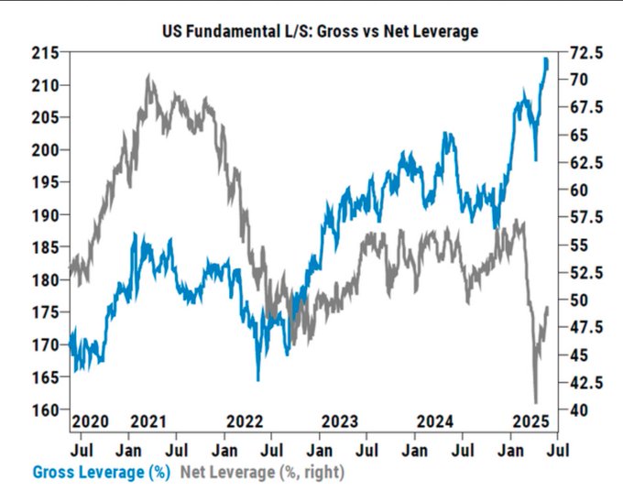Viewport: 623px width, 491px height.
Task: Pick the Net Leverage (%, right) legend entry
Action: click(x=262, y=473)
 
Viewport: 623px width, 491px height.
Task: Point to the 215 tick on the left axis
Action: click(x=50, y=53)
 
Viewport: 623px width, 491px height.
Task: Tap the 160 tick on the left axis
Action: click(x=50, y=409)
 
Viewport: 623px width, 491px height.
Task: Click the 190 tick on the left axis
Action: click(x=50, y=215)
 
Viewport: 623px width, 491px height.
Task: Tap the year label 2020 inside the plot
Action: click(x=91, y=420)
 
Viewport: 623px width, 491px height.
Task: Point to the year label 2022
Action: click(x=245, y=420)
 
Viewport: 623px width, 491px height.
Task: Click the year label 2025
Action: click(x=530, y=420)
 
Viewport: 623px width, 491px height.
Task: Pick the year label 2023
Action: click(x=340, y=420)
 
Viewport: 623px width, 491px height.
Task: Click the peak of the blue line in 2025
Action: click(x=546, y=60)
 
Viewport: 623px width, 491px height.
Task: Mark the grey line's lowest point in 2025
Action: click(x=536, y=401)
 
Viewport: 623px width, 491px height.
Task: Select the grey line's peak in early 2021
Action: click(x=149, y=77)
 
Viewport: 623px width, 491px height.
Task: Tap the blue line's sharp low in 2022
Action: click(x=258, y=379)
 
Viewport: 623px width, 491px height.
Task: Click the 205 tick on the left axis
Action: click(x=50, y=117)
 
